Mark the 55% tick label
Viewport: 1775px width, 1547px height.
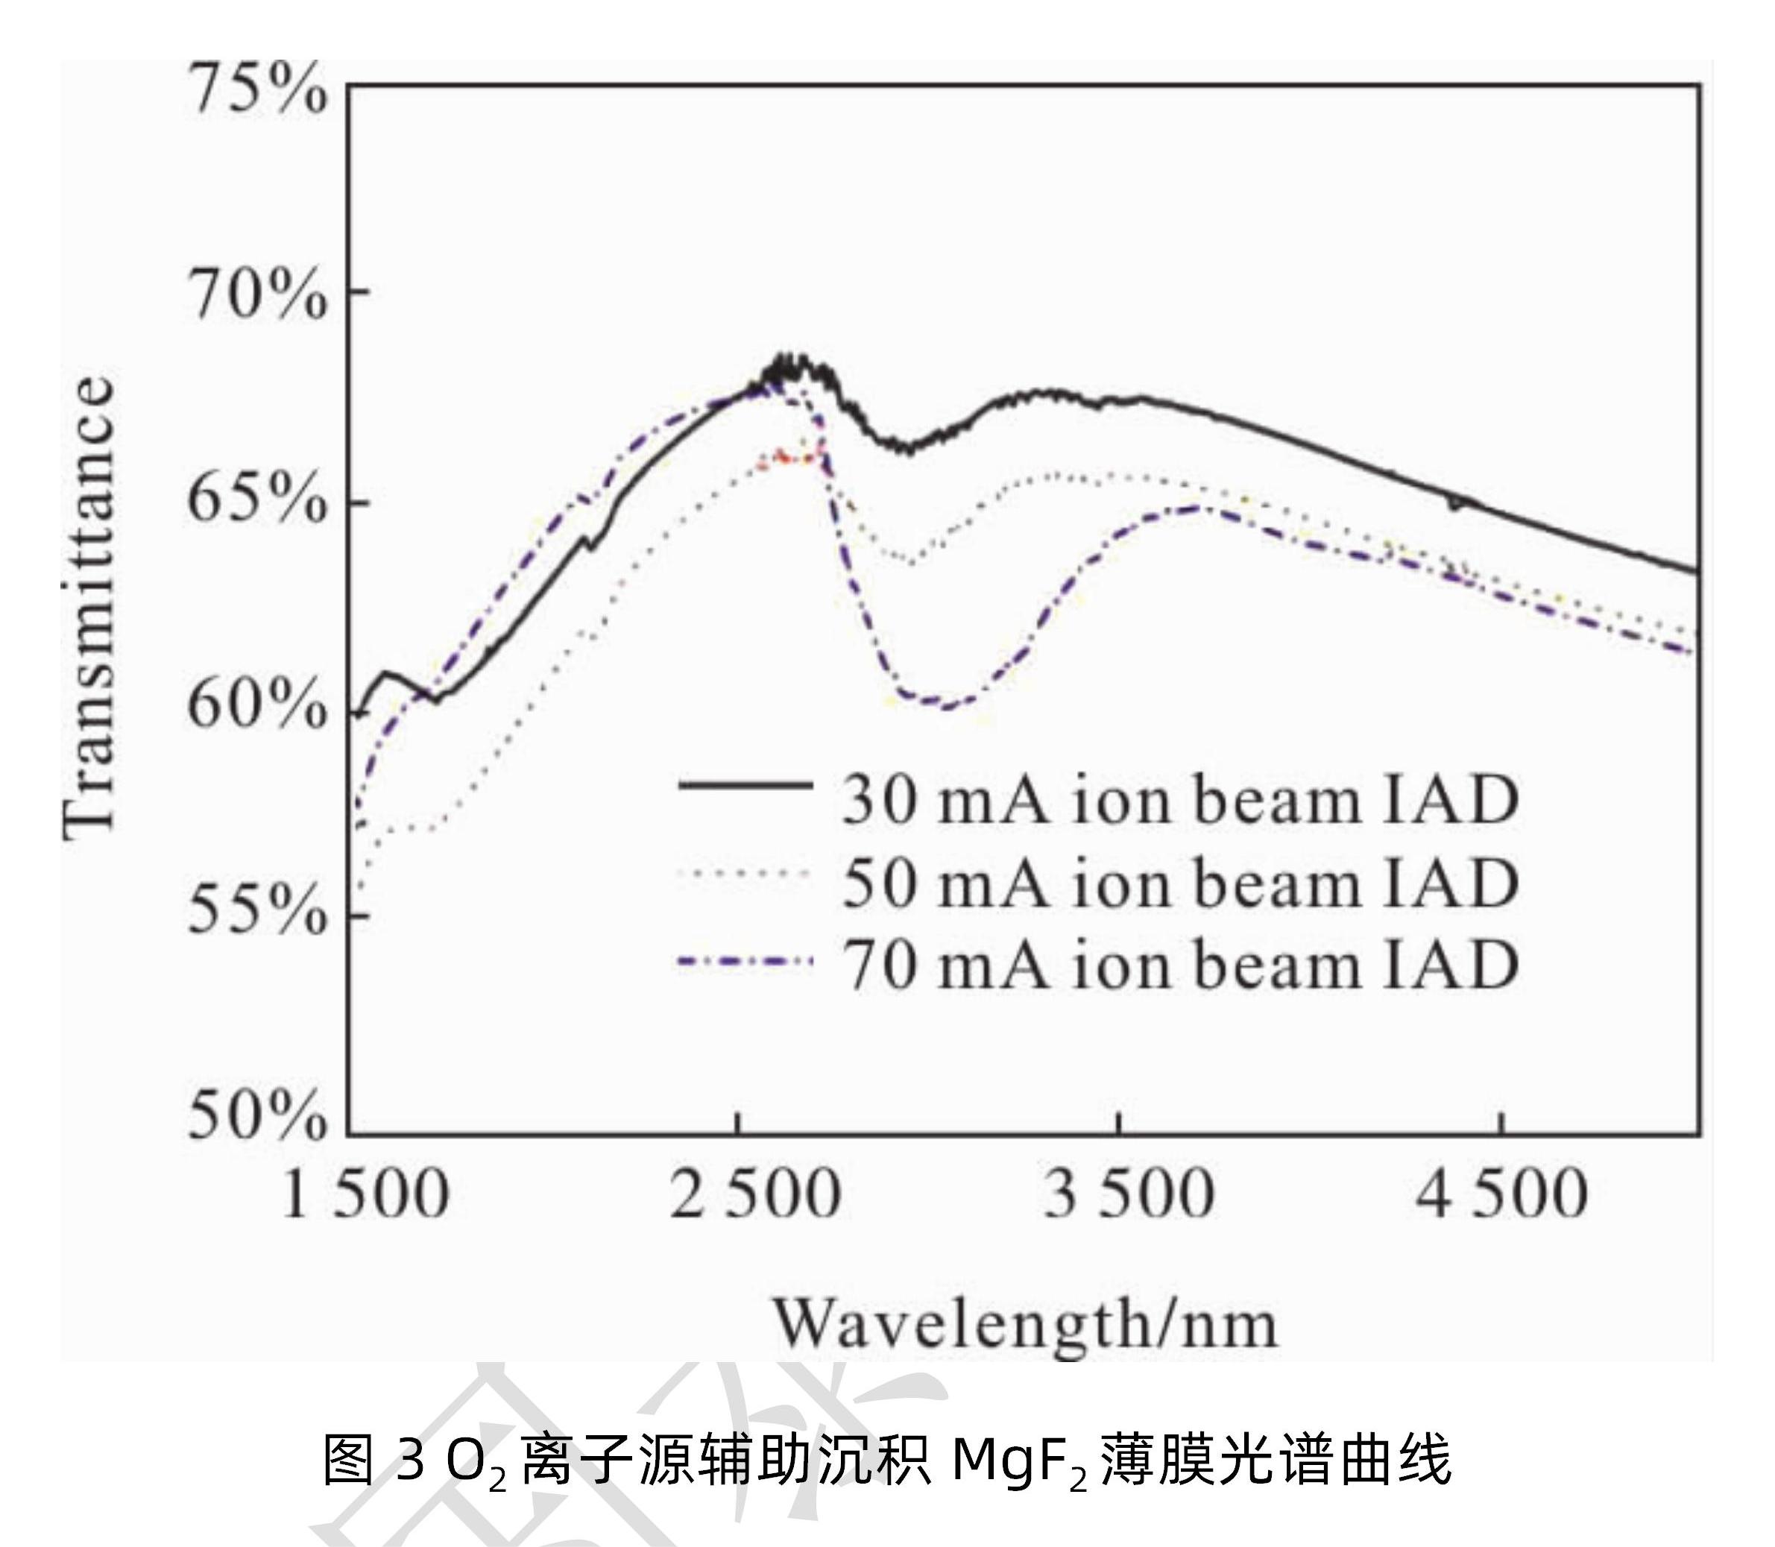click(257, 913)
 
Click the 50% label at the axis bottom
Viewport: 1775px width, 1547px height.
click(257, 1119)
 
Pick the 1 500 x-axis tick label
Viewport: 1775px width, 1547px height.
click(365, 1196)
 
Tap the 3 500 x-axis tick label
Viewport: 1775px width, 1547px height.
click(1130, 1196)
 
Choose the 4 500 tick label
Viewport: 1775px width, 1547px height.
click(1503, 1196)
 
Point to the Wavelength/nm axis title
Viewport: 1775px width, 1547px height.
click(1025, 1324)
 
